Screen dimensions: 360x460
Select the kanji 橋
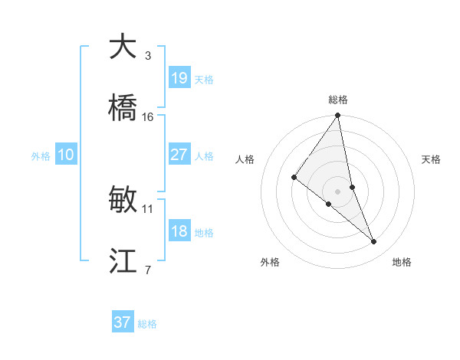click(123, 108)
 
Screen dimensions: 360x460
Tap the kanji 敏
click(123, 200)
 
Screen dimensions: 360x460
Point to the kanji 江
click(123, 261)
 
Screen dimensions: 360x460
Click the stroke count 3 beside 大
click(147, 55)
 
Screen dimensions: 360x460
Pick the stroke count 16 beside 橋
click(148, 116)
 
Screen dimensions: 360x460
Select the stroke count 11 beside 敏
click(148, 208)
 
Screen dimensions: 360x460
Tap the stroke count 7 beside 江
click(147, 270)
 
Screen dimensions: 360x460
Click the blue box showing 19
click(179, 78)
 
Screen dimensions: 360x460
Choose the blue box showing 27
click(179, 155)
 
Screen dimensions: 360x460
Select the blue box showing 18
click(179, 231)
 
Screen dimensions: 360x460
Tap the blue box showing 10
click(66, 155)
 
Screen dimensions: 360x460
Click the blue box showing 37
click(123, 322)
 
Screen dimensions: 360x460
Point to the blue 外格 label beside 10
click(41, 156)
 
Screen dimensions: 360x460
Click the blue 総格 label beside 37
click(147, 324)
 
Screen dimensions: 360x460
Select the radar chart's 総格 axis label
click(338, 100)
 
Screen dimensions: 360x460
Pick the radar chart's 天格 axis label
click(432, 159)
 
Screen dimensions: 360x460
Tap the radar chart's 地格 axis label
click(402, 262)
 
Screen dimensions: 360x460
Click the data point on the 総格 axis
click(338, 116)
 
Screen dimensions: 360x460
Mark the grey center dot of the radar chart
click(338, 191)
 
